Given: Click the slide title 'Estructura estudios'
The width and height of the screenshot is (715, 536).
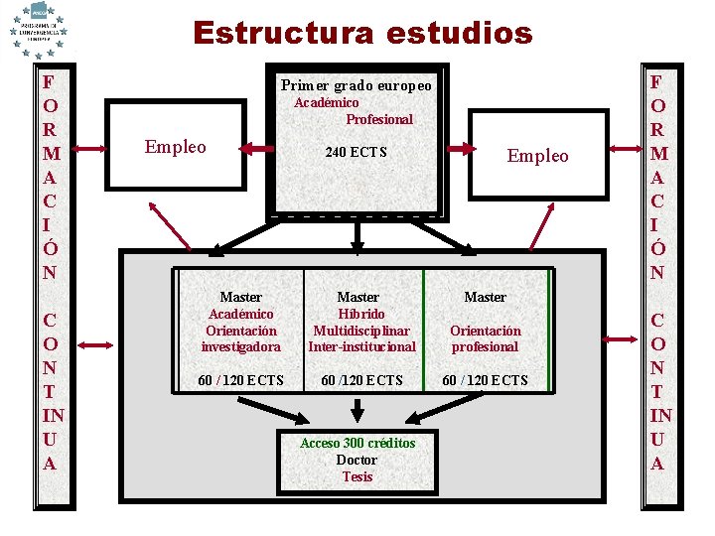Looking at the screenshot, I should coord(362,33).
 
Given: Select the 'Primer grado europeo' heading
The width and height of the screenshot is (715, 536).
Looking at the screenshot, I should coord(357,85).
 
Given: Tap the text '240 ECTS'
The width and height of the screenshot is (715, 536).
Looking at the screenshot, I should coord(357,153).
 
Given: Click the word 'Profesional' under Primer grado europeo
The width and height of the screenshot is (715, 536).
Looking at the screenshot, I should coord(379,119).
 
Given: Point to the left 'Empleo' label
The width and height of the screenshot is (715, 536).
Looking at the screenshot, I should coord(176,147).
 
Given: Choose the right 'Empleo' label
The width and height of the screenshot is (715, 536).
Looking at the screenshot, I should coord(537,156).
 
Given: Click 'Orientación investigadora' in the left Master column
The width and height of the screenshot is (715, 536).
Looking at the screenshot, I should coord(240,338).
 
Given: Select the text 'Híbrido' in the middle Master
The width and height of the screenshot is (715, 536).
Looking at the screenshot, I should coord(358,314).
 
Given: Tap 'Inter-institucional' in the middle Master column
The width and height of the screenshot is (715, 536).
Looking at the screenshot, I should coord(361,346).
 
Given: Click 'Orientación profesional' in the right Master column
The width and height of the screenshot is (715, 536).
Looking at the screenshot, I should coord(485,338).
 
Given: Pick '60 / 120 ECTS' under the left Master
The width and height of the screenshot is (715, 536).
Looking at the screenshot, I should coord(240,380).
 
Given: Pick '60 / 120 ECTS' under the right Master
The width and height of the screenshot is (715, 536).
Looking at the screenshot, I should coord(485,380).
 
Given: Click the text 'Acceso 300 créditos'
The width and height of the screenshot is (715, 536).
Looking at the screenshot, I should coord(357,443).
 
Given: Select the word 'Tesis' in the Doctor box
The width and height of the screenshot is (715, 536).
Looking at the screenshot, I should coord(357,476).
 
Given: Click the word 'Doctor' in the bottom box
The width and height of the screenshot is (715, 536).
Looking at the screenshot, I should coord(357,460).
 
